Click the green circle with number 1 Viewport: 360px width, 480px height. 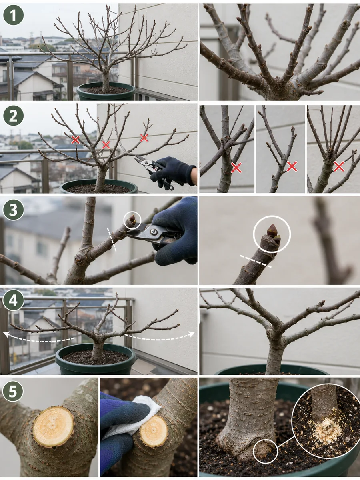pos(13,15)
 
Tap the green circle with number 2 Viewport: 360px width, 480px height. pos(13,116)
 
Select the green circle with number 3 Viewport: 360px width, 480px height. pos(13,210)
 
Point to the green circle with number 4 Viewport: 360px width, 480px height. pos(13,300)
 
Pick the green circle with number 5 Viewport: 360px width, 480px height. pos(13,391)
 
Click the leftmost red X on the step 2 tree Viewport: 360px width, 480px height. pos(76,140)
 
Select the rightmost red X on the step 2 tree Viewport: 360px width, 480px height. pos(144,138)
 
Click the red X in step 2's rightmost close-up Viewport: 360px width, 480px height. pos(339,167)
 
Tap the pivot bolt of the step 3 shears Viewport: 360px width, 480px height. pos(153,231)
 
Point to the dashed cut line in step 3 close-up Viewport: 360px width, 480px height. pos(256,261)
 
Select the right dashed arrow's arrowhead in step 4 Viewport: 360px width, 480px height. pos(192,334)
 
